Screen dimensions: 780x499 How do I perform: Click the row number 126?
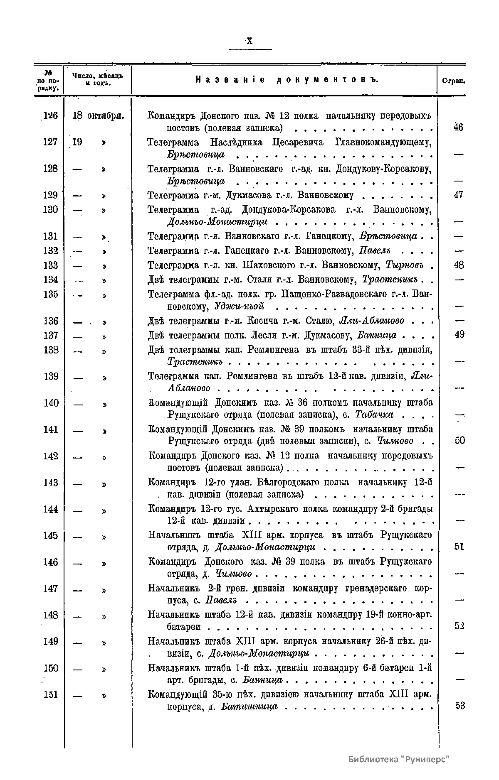(x=50, y=116)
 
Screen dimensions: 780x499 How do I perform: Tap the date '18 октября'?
(x=99, y=116)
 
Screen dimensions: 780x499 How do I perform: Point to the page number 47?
(x=459, y=195)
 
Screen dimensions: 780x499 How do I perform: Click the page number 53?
(x=459, y=706)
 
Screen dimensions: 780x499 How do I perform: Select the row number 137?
(x=50, y=335)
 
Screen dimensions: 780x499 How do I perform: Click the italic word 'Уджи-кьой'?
(x=240, y=307)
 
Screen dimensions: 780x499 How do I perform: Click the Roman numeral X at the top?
(x=249, y=41)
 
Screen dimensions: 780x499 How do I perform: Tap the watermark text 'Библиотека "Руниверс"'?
(x=399, y=759)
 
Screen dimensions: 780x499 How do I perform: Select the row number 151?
(x=50, y=694)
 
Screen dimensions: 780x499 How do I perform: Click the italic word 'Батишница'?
(x=249, y=706)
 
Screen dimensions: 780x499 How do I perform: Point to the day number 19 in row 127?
(x=77, y=142)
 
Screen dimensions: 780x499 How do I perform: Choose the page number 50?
(x=459, y=441)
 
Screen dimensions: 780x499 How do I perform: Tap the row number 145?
(x=50, y=536)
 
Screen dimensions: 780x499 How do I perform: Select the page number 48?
(x=459, y=265)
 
